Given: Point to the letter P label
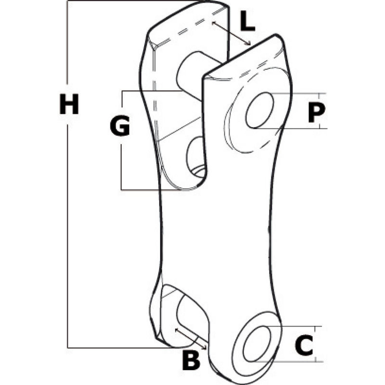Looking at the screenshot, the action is tap(316, 112).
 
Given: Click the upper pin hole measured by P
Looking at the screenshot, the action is tap(260, 111).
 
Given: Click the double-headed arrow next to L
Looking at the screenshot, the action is tap(231, 33).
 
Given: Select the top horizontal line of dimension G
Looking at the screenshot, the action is tap(151, 91).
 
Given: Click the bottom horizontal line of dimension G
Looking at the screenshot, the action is tap(157, 190).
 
